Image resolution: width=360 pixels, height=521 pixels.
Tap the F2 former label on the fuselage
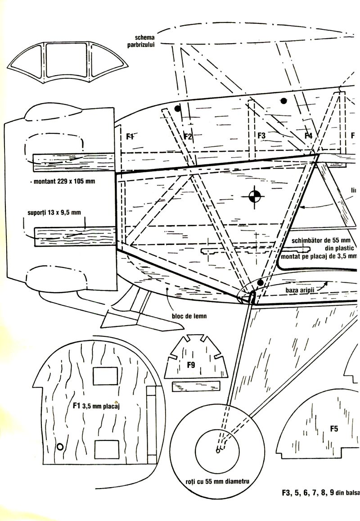tap(188, 136)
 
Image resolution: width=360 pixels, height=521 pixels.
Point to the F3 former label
tap(262, 136)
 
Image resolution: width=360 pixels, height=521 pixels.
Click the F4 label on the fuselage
tap(308, 136)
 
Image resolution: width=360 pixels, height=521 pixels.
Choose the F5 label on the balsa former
tap(333, 429)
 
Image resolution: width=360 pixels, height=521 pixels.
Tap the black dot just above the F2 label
tap(178, 109)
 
